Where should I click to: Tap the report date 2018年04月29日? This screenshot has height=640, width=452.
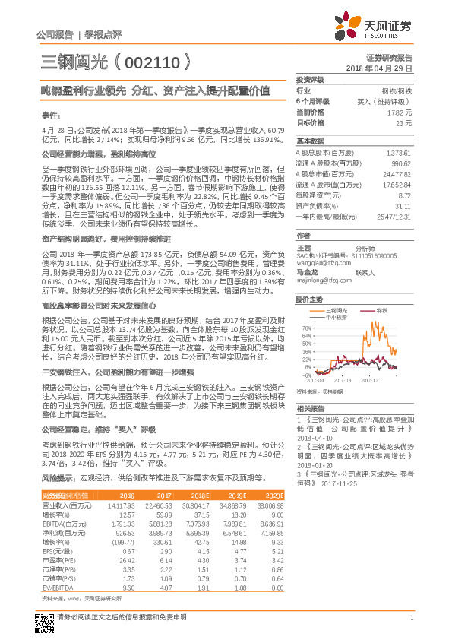384,68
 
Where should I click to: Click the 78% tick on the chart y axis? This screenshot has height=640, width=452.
306,328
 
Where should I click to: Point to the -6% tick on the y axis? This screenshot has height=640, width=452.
307,375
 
